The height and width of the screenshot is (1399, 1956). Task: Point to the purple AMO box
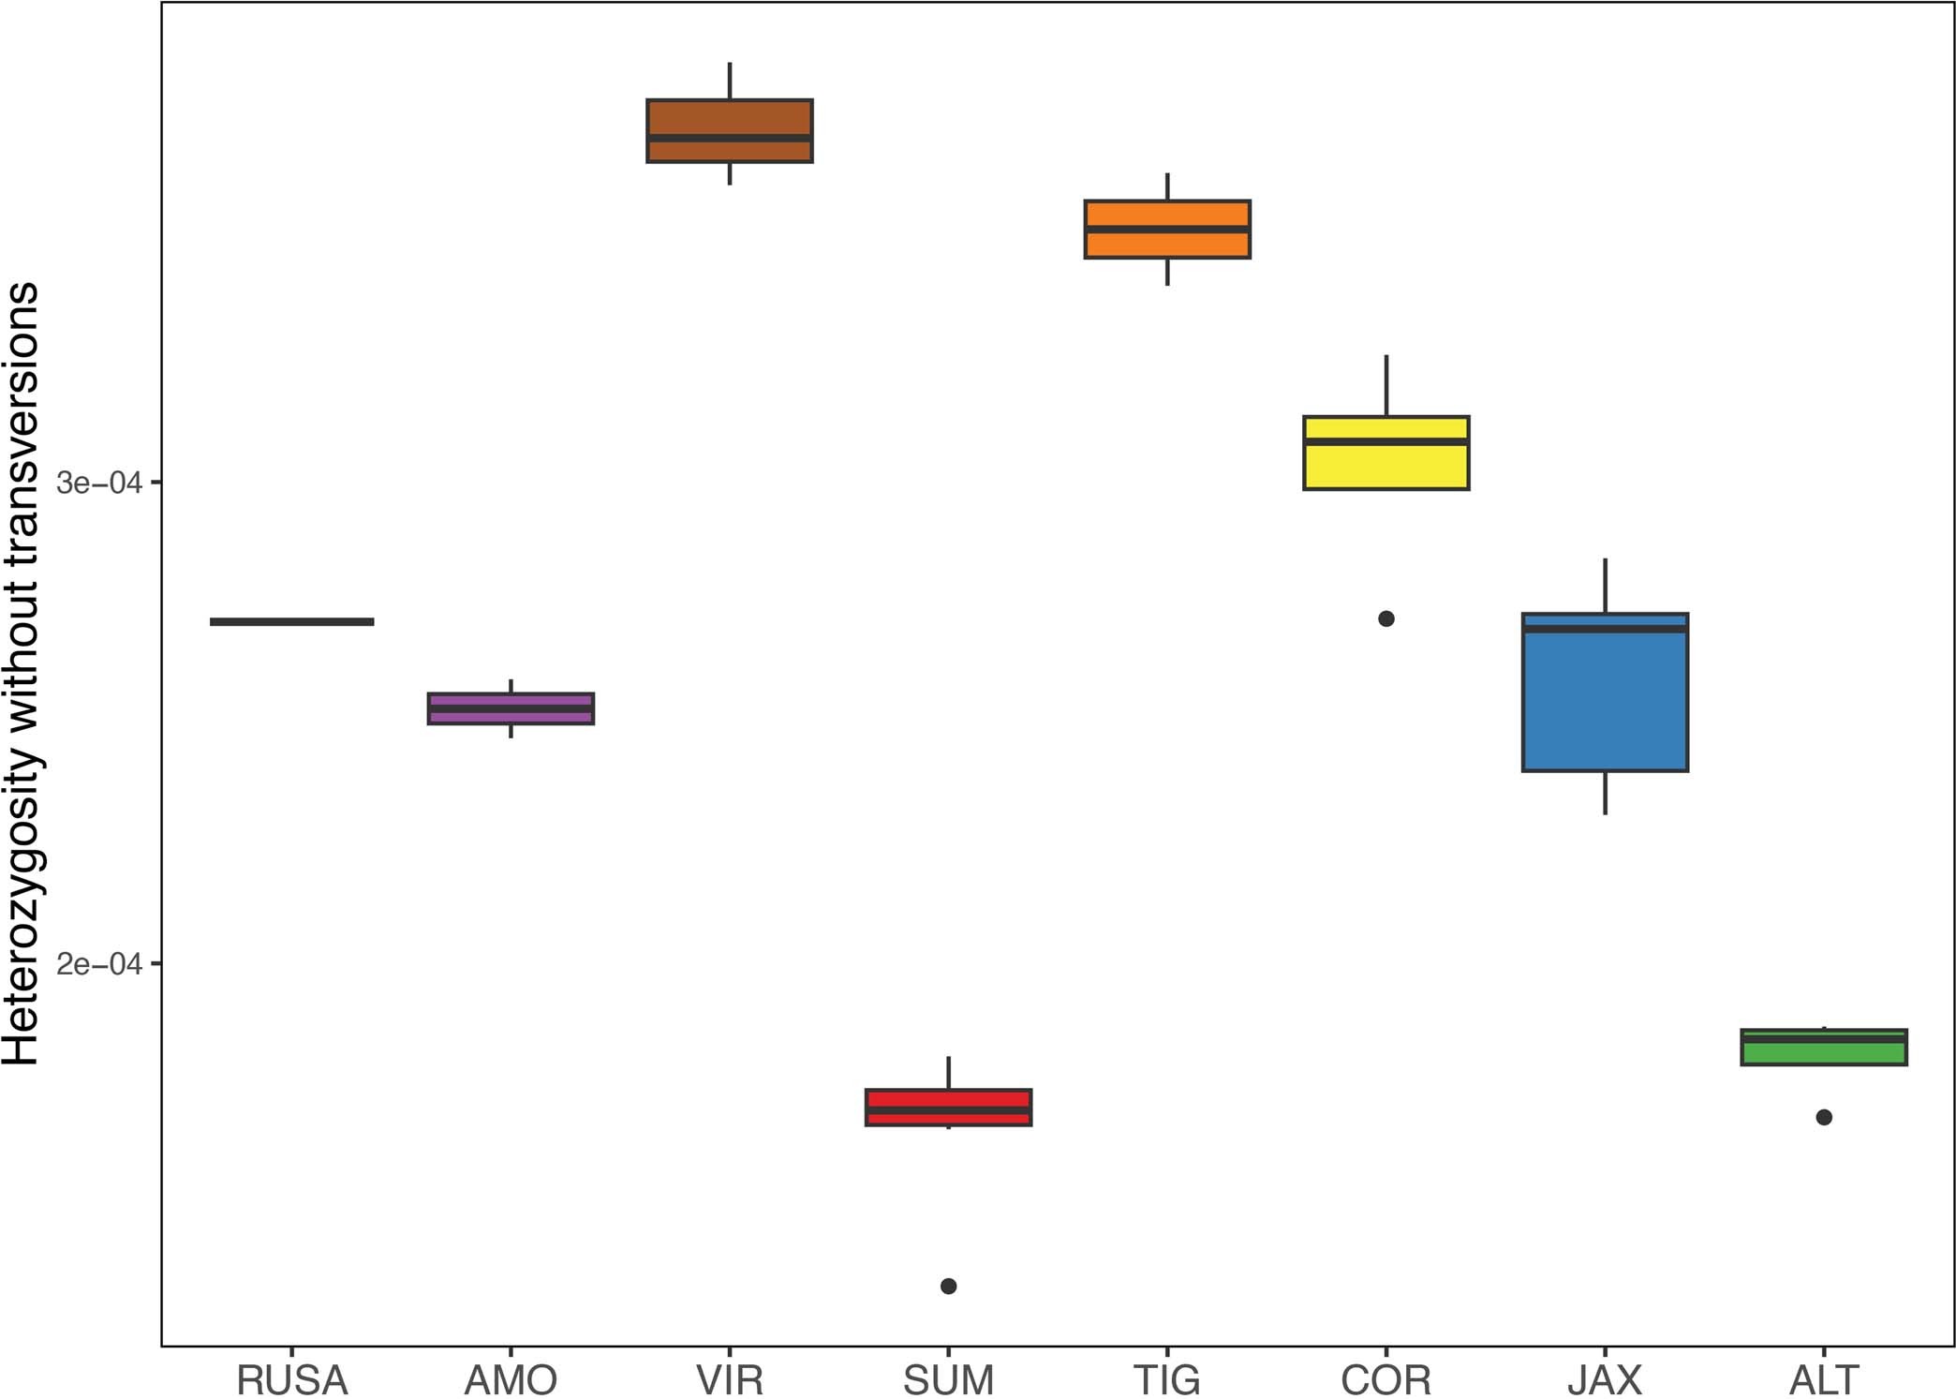(511, 708)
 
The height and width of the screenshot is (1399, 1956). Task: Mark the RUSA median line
(292, 621)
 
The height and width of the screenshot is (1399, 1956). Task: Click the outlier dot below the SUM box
(948, 1286)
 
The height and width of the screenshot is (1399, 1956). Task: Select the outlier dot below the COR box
(1386, 618)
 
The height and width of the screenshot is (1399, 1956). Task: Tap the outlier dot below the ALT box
(1823, 1117)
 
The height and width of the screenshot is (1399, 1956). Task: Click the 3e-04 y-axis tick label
(99, 484)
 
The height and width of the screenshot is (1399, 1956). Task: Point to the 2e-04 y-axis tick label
(99, 964)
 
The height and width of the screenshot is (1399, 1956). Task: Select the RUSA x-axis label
(292, 1379)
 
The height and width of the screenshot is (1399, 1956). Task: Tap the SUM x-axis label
(948, 1379)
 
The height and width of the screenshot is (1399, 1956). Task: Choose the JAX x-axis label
(1605, 1379)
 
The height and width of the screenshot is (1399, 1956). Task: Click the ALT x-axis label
(1823, 1379)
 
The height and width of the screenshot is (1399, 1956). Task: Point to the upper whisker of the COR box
(1386, 385)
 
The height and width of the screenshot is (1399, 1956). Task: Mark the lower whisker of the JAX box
(1605, 793)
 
